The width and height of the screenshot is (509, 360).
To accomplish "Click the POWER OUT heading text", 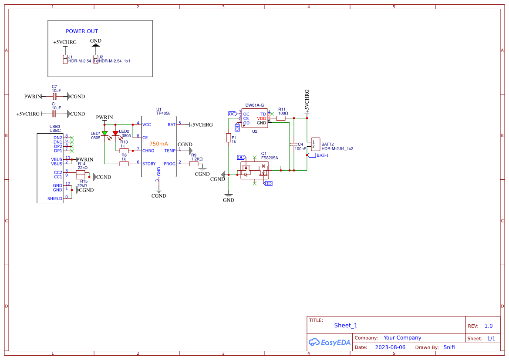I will point(82,31).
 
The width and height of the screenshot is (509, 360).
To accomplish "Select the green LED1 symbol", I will point(104,133).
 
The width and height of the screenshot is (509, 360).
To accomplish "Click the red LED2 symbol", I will point(115,133).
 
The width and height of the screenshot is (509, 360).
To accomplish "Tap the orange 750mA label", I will point(158,144).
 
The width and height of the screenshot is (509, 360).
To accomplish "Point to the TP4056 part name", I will point(163,113).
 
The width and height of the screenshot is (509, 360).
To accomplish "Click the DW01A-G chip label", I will point(255,105).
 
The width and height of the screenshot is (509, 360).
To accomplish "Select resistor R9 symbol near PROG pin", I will point(194,164).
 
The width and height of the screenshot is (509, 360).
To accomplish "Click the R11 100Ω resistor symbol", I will point(281,118).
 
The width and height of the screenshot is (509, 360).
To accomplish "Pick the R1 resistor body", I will point(228,138).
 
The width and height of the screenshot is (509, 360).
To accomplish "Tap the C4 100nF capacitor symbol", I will point(293,144).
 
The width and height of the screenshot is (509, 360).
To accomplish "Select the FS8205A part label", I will point(270,158).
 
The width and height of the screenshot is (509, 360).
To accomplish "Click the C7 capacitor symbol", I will point(54,96).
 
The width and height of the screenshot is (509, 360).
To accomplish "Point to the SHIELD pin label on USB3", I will point(55,199).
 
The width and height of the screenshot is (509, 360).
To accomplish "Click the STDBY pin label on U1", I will point(149,164).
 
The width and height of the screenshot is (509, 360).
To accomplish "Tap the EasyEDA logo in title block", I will point(330,342).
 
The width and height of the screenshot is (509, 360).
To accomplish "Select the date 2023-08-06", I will point(390,347).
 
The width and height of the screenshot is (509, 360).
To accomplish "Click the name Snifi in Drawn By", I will point(449,347).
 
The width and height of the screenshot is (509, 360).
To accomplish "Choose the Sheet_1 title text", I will point(346,325).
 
